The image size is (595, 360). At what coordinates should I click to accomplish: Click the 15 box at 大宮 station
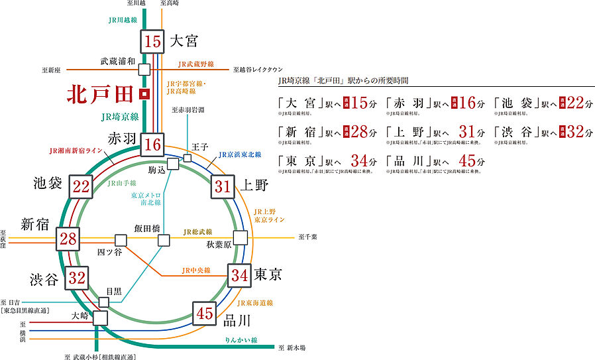coord(152,42)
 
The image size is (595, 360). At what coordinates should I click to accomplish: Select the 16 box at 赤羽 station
coord(153,143)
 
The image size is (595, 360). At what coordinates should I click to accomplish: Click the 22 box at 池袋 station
coord(81,187)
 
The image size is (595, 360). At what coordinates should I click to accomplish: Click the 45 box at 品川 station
coord(205,312)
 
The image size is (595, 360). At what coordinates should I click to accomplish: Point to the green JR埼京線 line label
coord(120,117)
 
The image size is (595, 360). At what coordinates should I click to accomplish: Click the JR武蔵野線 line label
coord(195,64)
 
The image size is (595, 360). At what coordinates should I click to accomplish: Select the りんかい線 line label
coord(241,339)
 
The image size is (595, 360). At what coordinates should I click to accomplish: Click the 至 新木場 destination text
coord(295,347)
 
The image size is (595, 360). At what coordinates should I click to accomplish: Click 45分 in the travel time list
coord(472,160)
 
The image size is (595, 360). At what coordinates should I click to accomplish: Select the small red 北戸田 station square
coord(144,94)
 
